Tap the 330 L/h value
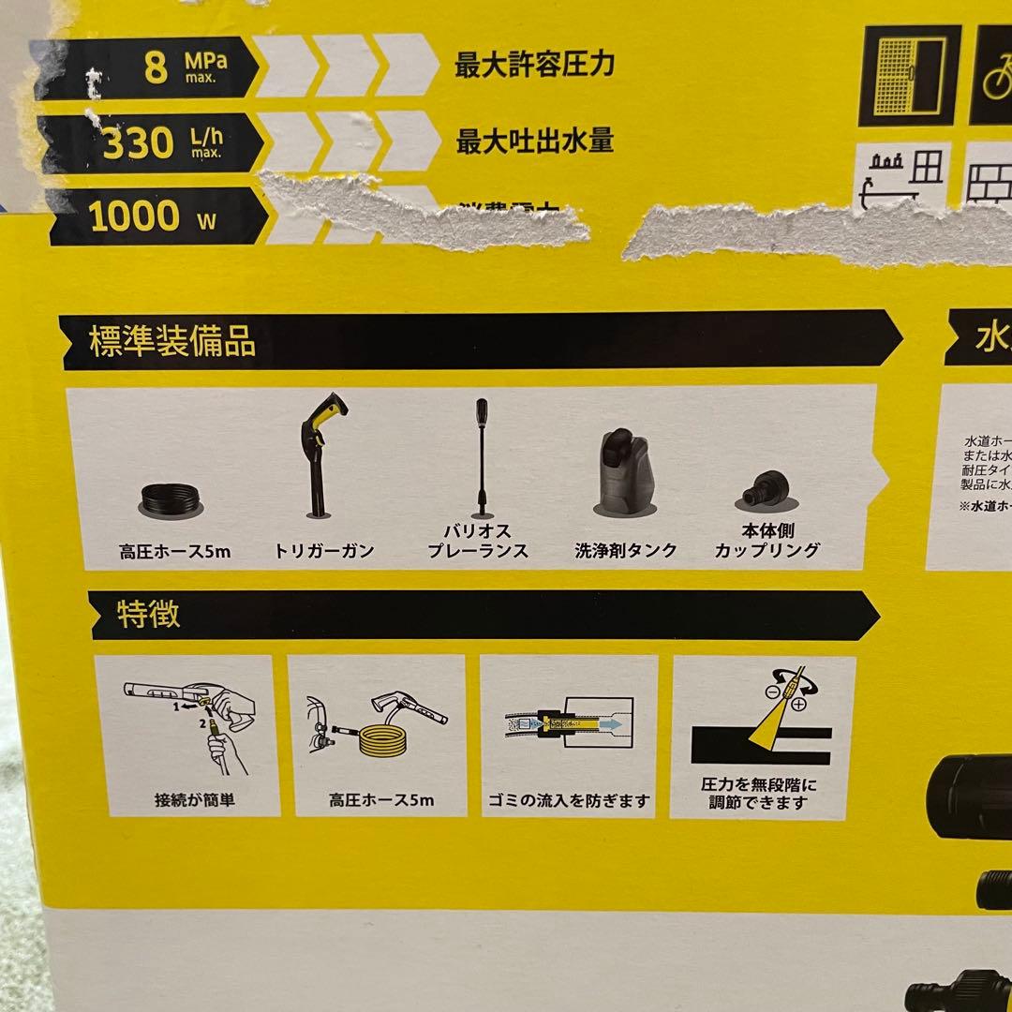(x=138, y=144)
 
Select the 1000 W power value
(x=134, y=216)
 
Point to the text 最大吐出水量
(x=534, y=141)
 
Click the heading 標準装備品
(x=172, y=342)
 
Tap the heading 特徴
(x=148, y=615)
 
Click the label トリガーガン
(x=324, y=552)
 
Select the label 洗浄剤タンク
(x=626, y=551)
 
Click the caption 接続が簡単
(x=191, y=802)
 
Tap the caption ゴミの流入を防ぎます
(x=570, y=802)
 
